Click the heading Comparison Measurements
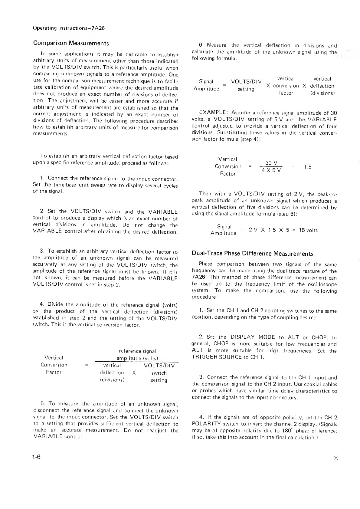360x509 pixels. (x=71, y=43)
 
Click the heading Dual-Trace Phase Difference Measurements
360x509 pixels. (x=252, y=254)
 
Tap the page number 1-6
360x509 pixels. (x=37, y=457)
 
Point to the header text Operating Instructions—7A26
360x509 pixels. (x=69, y=28)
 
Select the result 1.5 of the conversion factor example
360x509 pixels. (x=308, y=167)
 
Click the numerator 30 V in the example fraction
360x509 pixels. (x=271, y=163)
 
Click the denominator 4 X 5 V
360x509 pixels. (x=271, y=170)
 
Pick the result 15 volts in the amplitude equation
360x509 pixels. (x=308, y=230)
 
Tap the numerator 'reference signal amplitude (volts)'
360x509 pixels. (x=137, y=355)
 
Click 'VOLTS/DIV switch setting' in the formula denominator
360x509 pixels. (x=159, y=373)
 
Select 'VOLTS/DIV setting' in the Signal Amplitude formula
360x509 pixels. (x=246, y=85)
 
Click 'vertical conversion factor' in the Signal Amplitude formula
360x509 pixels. (x=286, y=86)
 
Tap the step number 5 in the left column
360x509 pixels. (x=43, y=404)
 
